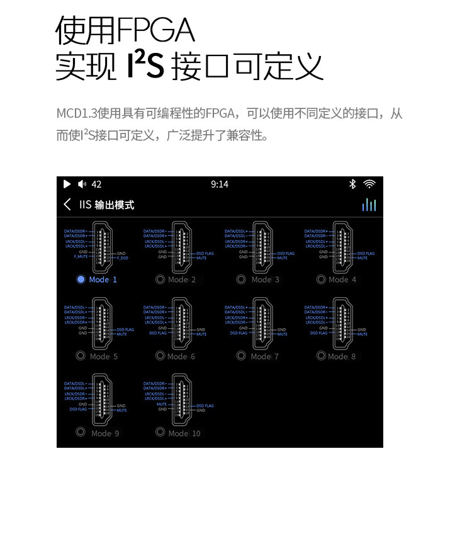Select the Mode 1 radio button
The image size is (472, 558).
click(x=81, y=280)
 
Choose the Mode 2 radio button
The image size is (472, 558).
click(x=160, y=280)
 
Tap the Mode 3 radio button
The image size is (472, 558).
click(x=241, y=280)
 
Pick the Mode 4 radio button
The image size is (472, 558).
click(x=321, y=280)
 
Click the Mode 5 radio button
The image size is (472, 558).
click(x=81, y=356)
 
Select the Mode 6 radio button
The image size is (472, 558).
click(x=160, y=356)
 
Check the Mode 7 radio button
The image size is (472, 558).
click(x=241, y=356)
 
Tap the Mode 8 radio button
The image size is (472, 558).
click(x=321, y=356)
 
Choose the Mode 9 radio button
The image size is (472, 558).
click(x=81, y=433)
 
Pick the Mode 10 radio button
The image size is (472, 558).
click(x=160, y=433)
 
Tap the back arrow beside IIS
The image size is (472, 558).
click(x=67, y=205)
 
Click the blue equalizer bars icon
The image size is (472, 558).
click(x=369, y=205)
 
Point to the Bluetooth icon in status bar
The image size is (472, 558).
click(x=352, y=184)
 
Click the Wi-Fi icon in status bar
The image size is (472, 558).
click(x=369, y=184)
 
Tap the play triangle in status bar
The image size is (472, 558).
click(x=67, y=184)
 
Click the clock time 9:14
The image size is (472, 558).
click(x=220, y=184)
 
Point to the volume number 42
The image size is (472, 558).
click(x=96, y=184)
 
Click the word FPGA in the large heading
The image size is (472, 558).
click(x=155, y=30)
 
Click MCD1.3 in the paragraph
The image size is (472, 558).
click(x=75, y=114)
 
